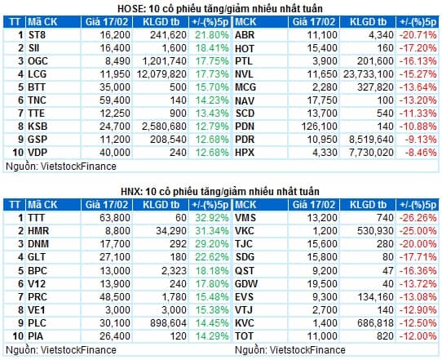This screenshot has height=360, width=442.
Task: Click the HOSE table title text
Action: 220,9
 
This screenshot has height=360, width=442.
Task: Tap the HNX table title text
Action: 220,192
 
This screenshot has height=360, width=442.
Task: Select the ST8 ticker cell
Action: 37,35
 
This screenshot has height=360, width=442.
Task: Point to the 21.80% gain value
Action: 212,35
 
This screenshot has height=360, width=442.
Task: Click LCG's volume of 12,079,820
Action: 161,74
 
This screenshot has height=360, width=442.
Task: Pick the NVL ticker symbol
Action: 244,74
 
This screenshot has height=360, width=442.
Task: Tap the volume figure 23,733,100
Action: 368,74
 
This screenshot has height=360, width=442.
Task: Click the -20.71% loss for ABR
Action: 418,35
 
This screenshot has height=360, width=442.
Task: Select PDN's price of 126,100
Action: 320,127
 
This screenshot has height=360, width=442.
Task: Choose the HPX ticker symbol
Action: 245,153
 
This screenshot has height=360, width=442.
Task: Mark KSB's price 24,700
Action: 115,127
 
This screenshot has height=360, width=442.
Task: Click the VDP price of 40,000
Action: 115,153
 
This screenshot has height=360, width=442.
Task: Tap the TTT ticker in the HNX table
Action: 36,218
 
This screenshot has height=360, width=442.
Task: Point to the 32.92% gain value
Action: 212,218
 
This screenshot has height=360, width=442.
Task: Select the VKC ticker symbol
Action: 245,231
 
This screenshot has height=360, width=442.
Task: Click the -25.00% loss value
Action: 418,231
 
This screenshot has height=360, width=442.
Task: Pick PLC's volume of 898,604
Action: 168,323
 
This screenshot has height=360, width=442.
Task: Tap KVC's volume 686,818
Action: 375,323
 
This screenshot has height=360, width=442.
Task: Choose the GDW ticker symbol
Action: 246,284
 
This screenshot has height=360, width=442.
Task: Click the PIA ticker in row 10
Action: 36,336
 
